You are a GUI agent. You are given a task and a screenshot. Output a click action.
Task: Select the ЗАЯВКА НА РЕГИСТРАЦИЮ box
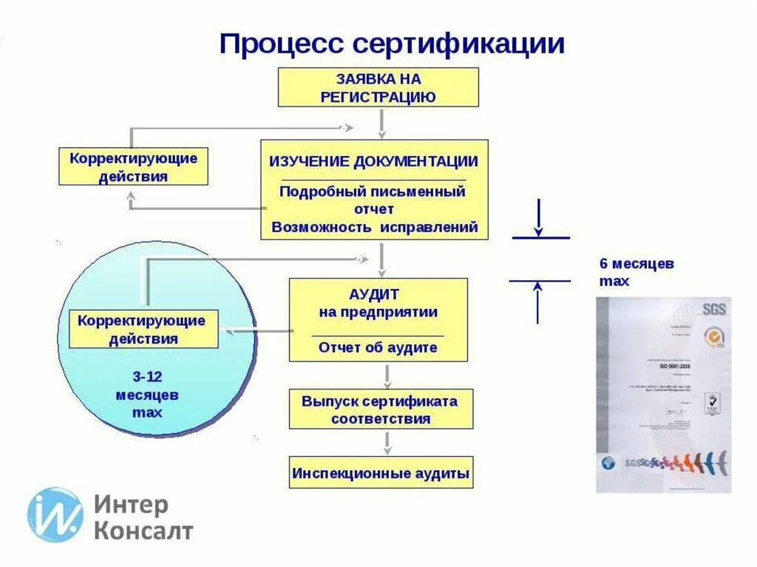coord(378,87)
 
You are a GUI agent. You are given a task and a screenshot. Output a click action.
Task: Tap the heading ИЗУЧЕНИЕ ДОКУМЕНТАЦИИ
coord(373,161)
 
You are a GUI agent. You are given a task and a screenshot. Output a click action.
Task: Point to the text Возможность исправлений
coord(374,227)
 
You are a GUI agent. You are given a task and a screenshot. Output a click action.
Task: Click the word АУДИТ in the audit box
coord(378,293)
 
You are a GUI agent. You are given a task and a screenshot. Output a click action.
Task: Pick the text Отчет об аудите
coord(378,347)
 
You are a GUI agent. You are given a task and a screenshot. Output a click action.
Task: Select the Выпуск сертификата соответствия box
coord(380,410)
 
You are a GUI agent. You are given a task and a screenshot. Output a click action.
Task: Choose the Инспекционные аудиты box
coord(380,472)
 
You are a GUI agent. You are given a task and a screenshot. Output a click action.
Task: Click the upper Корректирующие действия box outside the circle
coord(133,167)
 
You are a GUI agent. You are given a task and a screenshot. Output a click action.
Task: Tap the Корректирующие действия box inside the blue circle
coord(143,330)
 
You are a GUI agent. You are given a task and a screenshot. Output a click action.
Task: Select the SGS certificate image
coord(663,395)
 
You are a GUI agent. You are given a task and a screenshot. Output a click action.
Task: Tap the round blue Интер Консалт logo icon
coord(55,515)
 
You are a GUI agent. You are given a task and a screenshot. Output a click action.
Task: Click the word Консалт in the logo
coord(143,531)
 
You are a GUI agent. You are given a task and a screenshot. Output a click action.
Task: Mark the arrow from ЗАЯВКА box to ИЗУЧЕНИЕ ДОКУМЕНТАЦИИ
coord(381,123)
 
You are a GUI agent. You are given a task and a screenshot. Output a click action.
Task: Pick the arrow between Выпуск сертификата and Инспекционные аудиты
coord(387,443)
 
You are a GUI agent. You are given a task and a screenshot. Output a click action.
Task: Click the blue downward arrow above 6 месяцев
coord(539,217)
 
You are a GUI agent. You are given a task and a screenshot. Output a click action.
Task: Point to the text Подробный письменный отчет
coord(373,200)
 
